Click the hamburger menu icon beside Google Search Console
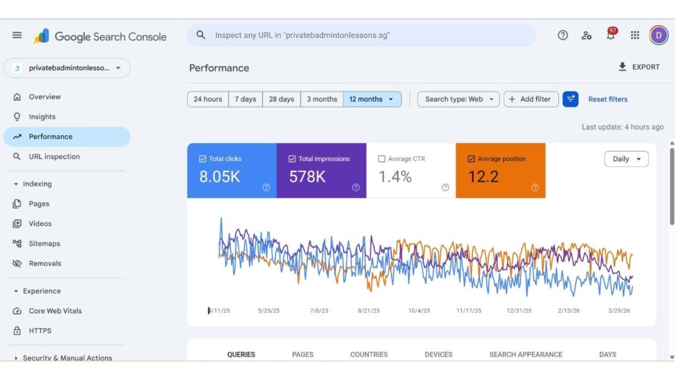17,36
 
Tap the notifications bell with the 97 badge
610,36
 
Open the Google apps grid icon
635,36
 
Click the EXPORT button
638,67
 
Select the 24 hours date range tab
208,100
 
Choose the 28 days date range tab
281,100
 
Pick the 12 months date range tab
372,100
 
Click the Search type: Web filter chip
459,100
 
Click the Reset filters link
608,100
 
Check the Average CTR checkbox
382,159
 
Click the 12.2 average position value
483,177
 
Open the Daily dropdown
626,159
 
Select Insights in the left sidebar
42,117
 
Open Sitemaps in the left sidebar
44,243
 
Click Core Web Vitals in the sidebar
55,311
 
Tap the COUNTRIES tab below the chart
369,354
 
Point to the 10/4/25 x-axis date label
419,311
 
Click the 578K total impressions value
307,177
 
